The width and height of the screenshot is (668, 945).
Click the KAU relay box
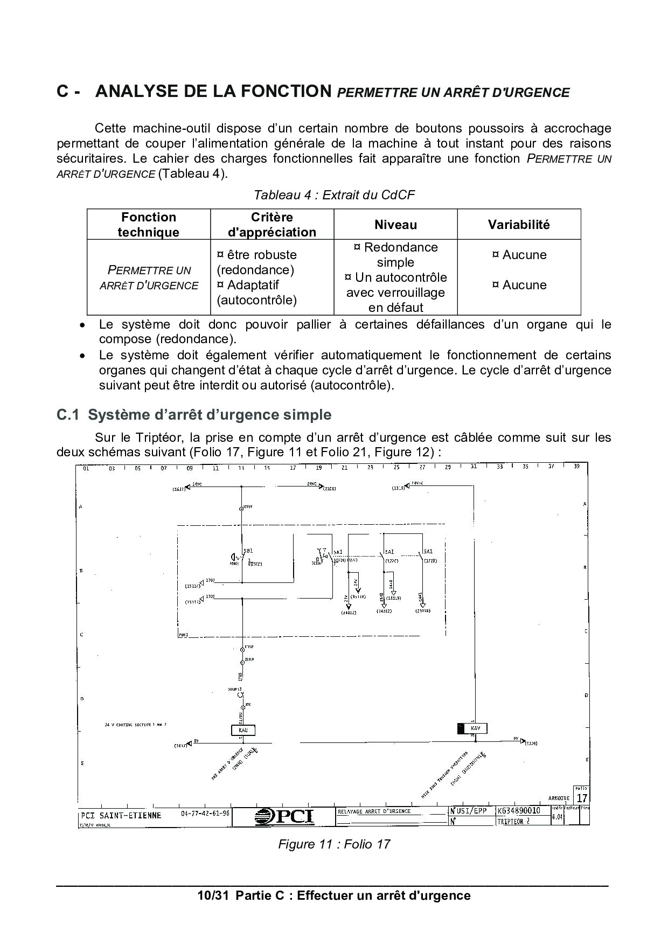[242, 731]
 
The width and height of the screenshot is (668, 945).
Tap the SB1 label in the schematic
[248, 551]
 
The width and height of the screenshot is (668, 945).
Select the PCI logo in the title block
[284, 817]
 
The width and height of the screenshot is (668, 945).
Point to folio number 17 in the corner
[582, 798]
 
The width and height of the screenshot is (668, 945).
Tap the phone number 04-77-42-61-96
[205, 814]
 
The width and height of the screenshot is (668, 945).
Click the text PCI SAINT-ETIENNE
[121, 815]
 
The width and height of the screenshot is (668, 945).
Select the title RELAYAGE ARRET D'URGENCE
[374, 811]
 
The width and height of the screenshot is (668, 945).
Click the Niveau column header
[395, 225]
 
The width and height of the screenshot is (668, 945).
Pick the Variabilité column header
[519, 225]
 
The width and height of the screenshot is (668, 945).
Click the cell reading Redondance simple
[395, 255]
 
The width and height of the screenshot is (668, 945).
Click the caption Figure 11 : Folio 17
[333, 844]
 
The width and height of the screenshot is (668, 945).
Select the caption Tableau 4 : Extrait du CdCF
[334, 194]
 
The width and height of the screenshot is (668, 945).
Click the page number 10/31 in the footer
[213, 895]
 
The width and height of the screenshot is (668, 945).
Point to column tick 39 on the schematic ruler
[576, 467]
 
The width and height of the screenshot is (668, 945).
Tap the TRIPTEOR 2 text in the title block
[513, 822]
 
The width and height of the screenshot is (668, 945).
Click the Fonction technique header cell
[149, 225]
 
